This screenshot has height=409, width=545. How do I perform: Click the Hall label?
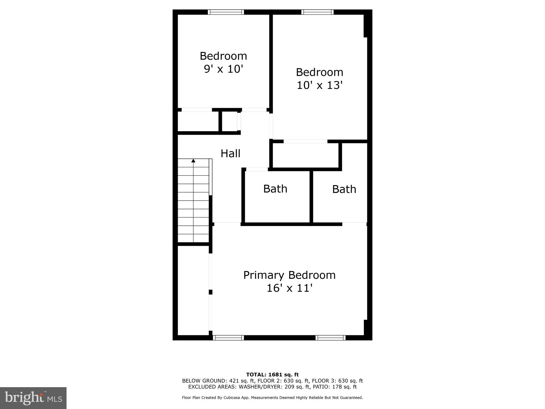(x=230, y=153)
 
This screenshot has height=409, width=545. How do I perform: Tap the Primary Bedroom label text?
(x=289, y=275)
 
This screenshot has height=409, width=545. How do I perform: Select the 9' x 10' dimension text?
(x=224, y=69)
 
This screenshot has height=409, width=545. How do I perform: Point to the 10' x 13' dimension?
(x=319, y=85)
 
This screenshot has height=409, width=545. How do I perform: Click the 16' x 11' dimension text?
(x=289, y=288)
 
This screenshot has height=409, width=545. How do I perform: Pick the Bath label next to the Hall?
(x=275, y=189)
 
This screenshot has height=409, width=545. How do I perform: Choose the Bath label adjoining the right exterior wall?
(x=344, y=189)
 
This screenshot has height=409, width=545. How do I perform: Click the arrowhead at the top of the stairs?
(x=193, y=161)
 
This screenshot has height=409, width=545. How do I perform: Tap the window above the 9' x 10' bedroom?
(x=226, y=12)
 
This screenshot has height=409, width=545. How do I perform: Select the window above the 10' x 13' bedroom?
(x=317, y=12)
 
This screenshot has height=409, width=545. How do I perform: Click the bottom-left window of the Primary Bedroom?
(x=228, y=338)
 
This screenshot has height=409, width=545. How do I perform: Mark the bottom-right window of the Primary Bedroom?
(x=331, y=338)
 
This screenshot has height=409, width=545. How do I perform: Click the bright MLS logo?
(x=33, y=398)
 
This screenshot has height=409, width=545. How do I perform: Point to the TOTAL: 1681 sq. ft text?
(x=272, y=375)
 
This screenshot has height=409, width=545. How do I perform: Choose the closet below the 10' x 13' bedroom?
(x=305, y=156)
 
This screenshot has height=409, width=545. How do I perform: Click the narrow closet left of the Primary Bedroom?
(x=193, y=290)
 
